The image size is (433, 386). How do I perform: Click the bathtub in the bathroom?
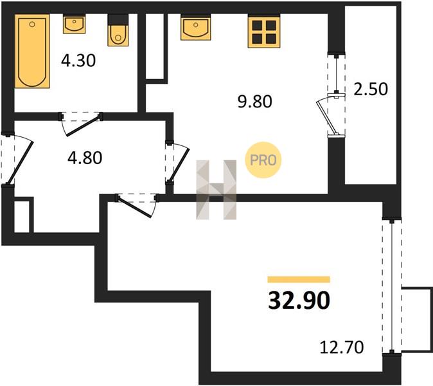click(32, 51)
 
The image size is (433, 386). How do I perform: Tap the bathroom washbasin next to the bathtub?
click(74, 24)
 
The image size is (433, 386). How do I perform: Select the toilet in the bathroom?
click(118, 30)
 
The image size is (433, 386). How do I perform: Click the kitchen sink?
click(196, 27)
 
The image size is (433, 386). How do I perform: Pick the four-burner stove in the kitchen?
click(264, 32)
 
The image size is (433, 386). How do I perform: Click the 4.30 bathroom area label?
click(78, 60)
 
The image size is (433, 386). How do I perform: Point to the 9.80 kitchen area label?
click(255, 101)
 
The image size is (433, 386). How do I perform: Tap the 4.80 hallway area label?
click(85, 158)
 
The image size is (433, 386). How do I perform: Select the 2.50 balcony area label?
click(371, 89)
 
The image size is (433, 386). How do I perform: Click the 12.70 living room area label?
click(342, 347)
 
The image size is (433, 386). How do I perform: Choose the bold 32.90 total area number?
click(299, 300)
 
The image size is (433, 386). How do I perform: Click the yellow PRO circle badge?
click(263, 160)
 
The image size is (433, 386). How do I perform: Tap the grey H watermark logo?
click(216, 190)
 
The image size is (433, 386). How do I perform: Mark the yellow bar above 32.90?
click(299, 280)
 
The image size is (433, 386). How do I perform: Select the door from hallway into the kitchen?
click(177, 163)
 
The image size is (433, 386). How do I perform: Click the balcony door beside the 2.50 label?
click(330, 114)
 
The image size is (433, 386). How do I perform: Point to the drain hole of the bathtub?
click(32, 24)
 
